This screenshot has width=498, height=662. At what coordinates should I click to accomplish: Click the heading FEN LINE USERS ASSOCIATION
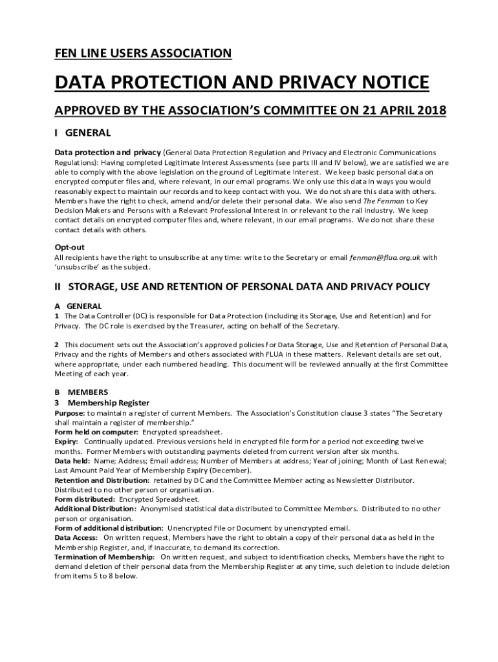pyautogui.click(x=143, y=54)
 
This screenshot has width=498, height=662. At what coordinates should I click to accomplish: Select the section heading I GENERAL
pyautogui.click(x=83, y=133)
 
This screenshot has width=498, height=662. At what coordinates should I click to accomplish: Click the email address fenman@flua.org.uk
pyautogui.click(x=385, y=257)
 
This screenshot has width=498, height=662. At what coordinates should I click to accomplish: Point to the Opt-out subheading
pyautogui.click(x=69, y=247)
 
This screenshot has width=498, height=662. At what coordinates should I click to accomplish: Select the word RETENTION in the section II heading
pyautogui.click(x=211, y=286)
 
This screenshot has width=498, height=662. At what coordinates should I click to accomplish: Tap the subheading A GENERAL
pyautogui.click(x=78, y=306)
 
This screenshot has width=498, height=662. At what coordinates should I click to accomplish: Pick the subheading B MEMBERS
pyautogui.click(x=81, y=392)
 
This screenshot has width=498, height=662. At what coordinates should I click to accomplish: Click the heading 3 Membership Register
pyautogui.click(x=102, y=403)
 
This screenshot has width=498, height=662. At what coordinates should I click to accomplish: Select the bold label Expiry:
pyautogui.click(x=67, y=442)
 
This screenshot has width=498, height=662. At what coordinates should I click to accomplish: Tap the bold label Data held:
pyautogui.click(x=72, y=461)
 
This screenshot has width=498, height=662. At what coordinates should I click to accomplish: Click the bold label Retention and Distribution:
pyautogui.click(x=102, y=480)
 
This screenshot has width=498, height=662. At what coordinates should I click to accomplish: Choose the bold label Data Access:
pyautogui.click(x=76, y=537)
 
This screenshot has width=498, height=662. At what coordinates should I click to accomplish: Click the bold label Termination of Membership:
pyautogui.click(x=104, y=557)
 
